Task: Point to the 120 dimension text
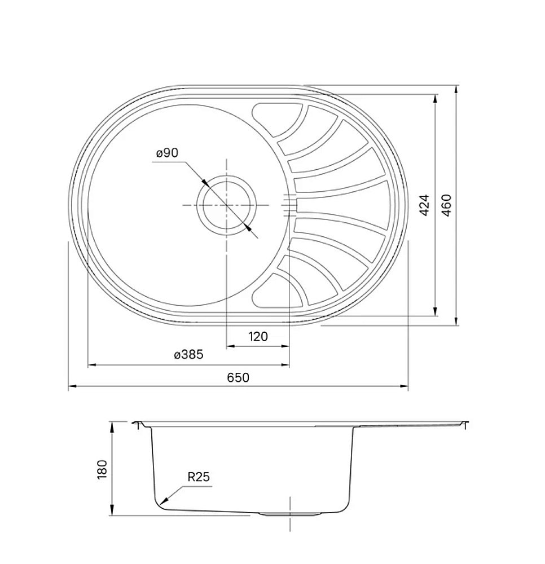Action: point(258,337)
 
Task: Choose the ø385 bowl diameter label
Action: point(188,355)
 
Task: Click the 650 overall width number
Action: point(238,377)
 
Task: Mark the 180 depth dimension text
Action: point(102,469)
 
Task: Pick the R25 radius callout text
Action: point(198,477)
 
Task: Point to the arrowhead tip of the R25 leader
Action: point(161,503)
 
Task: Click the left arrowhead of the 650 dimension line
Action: point(70,387)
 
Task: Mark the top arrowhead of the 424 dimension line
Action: point(435,97)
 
